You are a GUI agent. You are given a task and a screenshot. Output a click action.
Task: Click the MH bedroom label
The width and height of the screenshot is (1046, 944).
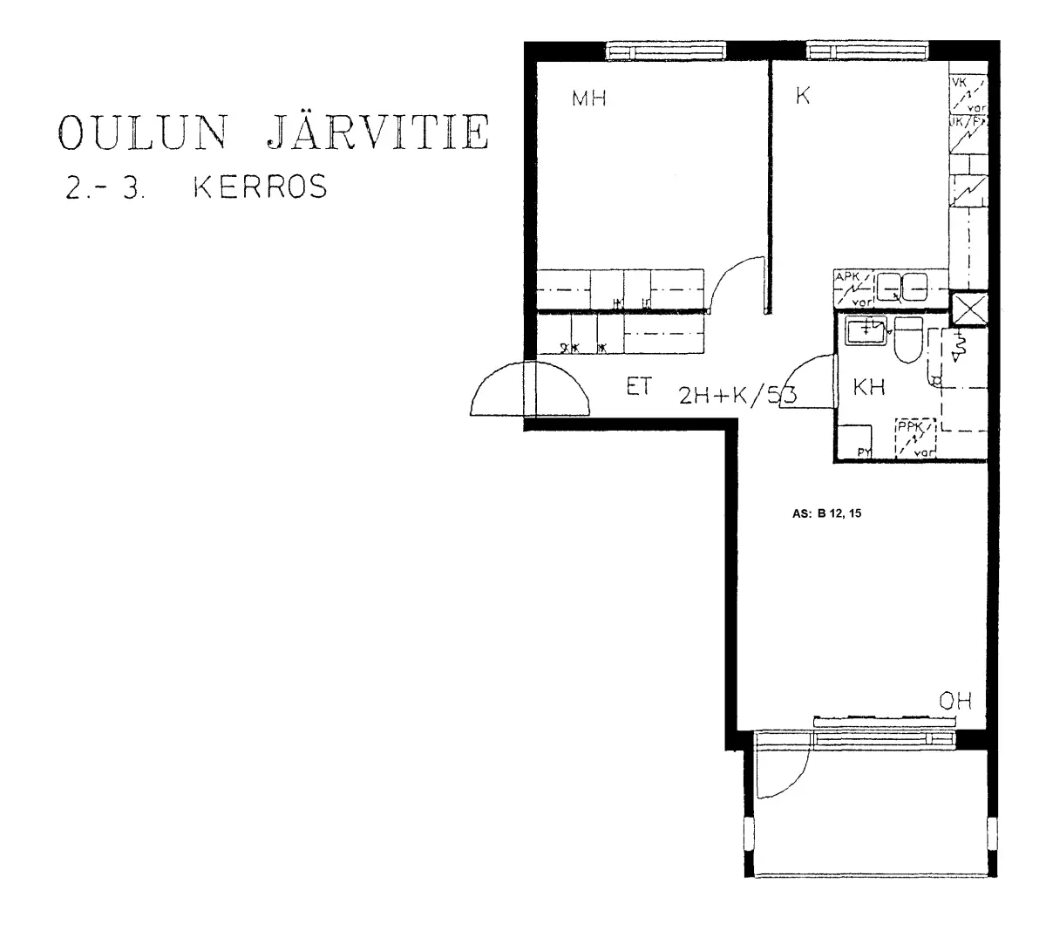coord(588,98)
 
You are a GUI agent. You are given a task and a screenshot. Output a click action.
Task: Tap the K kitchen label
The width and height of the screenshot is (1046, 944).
coord(803,97)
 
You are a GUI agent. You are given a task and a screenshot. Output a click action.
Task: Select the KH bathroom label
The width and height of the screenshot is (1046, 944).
coord(868,388)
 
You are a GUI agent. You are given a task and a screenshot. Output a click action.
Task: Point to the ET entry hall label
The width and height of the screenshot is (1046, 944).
coord(639,388)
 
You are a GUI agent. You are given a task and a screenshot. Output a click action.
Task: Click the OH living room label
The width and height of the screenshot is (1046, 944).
coord(954,701)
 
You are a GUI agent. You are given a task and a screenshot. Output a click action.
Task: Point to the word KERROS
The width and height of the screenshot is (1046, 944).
coord(261,187)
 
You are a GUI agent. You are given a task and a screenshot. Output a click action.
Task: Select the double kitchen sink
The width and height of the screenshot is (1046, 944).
coord(901,286)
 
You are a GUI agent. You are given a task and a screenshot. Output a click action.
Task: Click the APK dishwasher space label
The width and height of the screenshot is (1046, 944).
coord(847,278)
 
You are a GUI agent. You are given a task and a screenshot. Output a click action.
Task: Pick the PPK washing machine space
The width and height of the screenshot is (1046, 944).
coord(914,438)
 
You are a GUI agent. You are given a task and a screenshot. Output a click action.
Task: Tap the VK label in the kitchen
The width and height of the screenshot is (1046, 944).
coord(961,84)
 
